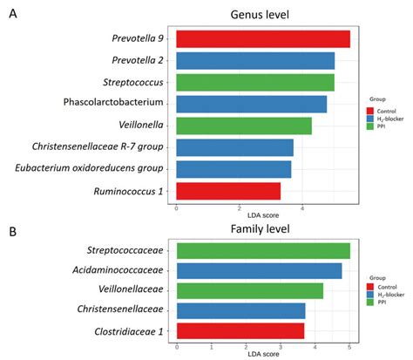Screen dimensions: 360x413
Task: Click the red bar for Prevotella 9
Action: pyautogui.click(x=262, y=39)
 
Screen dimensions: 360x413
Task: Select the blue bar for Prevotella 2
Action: pyautogui.click(x=255, y=61)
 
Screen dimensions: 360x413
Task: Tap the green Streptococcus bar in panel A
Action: pyautogui.click(x=254, y=83)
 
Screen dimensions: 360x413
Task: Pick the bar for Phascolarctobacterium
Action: pyautogui.click(x=251, y=105)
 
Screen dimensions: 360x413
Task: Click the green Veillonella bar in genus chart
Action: pyautogui.click(x=243, y=126)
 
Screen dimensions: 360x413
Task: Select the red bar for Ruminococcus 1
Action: pyautogui.click(x=228, y=191)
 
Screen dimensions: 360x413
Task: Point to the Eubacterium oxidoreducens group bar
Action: pyautogui.click(x=234, y=169)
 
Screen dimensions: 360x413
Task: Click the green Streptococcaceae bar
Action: pyautogui.click(x=262, y=251)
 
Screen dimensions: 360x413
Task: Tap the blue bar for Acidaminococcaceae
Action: pyautogui.click(x=259, y=271)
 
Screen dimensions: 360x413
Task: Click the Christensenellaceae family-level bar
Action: pyautogui.click(x=240, y=310)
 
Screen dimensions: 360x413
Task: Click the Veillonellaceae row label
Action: pyautogui.click(x=123, y=291)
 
